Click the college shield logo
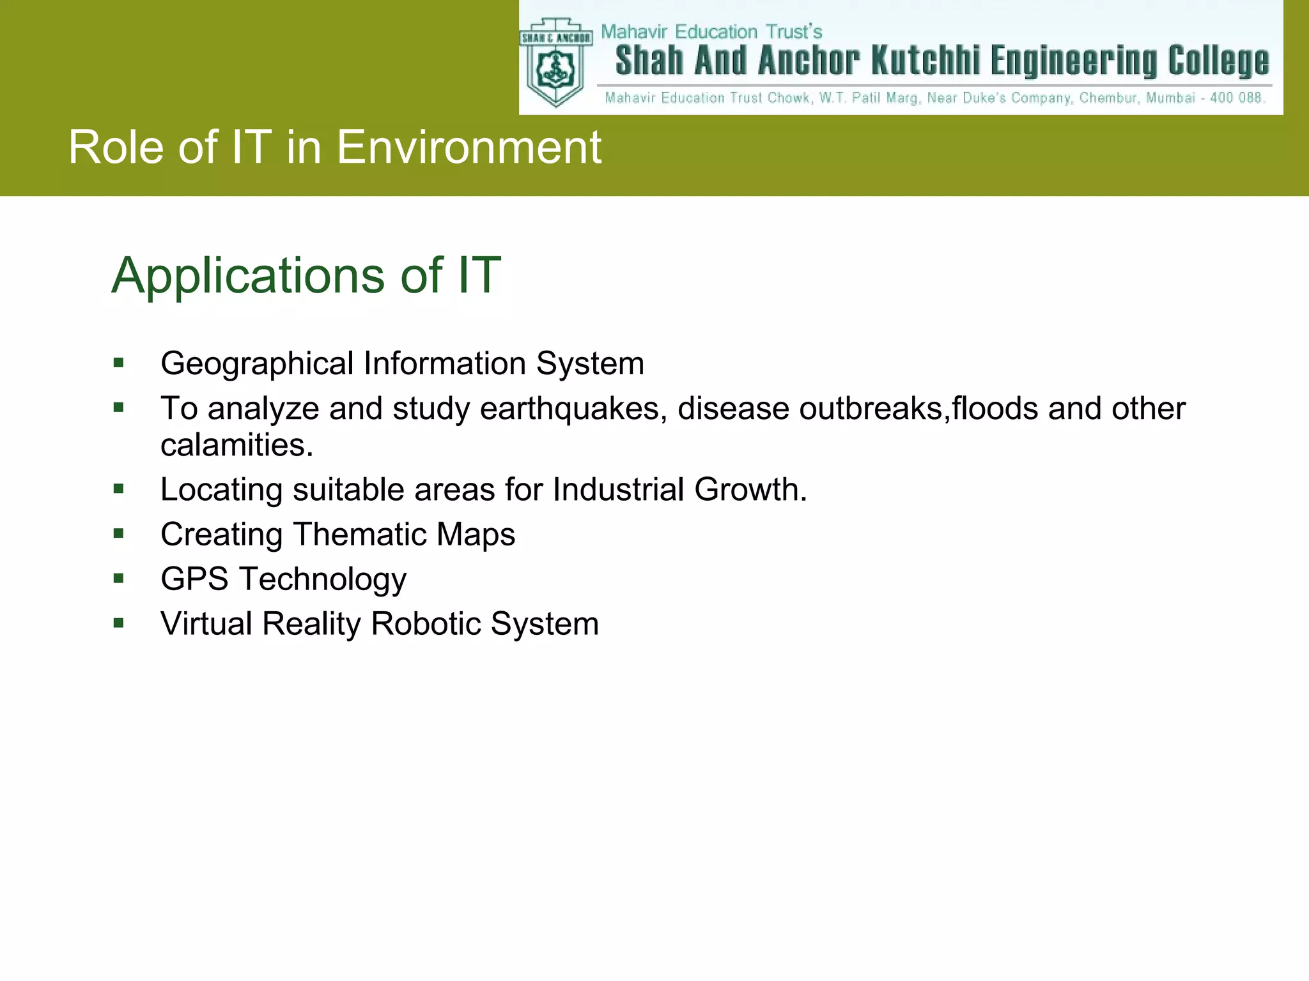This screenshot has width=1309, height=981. pos(555,64)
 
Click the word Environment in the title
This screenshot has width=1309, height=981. pos(469,148)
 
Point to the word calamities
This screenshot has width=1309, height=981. pos(236,445)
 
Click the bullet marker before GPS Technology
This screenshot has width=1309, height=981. pos(118,579)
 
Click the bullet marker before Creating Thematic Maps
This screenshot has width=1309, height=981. pos(118,533)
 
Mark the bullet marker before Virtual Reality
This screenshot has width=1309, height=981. pos(118,623)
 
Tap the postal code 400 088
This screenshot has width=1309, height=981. pos(1237,98)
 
